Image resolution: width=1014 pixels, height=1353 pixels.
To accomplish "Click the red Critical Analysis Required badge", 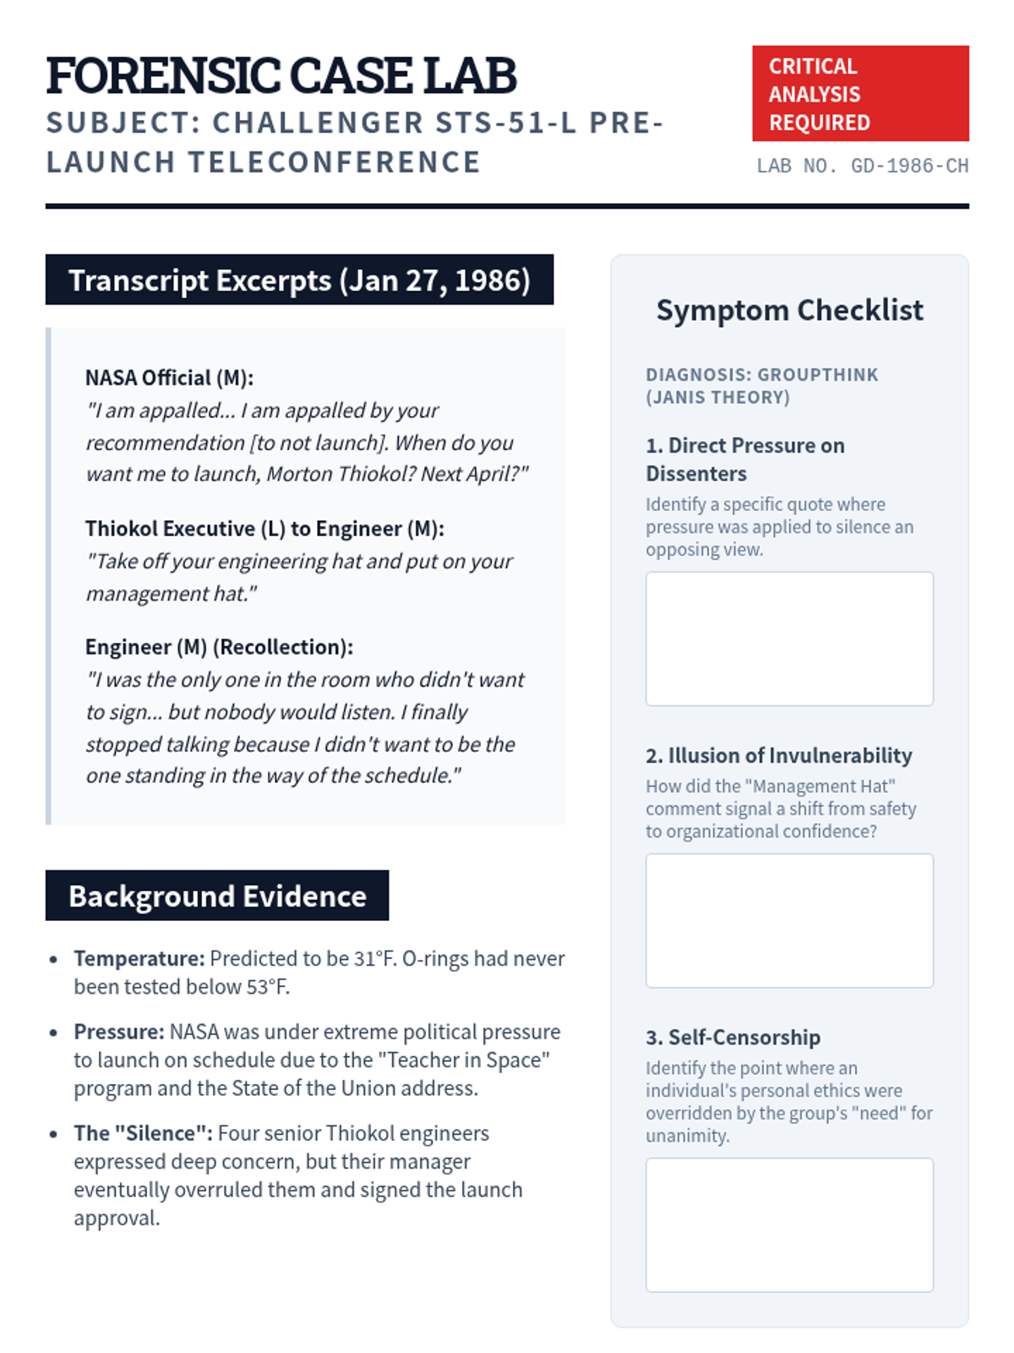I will point(859,94).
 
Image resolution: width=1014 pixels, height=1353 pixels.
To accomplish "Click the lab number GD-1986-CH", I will point(862,166).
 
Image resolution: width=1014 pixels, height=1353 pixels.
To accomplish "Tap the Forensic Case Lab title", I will point(281,75).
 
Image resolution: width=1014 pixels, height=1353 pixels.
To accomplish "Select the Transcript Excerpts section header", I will point(299,280).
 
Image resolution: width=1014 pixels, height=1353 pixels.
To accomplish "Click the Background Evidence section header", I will point(217,896).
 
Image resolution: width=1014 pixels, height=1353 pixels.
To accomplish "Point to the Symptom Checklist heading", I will point(789,310).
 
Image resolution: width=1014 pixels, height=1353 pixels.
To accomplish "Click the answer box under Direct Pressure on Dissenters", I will point(789,638).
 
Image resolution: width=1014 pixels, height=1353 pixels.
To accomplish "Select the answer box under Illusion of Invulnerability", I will point(789,920).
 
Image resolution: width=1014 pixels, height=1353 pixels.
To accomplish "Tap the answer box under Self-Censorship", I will point(789,1224).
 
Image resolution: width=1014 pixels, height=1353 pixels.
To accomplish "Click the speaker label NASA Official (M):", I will point(169,377).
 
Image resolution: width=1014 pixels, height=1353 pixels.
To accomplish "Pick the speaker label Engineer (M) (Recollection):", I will point(219,647).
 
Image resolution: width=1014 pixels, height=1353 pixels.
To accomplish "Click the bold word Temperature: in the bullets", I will point(139,958).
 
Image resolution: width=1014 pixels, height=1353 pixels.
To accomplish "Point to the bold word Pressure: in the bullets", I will point(119,1032).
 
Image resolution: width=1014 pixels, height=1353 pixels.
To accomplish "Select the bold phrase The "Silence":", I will point(143,1133).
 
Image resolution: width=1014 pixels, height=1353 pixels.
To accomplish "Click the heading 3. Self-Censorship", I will point(733,1037).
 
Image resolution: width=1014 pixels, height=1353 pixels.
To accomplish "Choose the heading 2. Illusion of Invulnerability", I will point(778,755).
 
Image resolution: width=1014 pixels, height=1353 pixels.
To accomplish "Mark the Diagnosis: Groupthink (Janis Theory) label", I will point(761,386).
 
